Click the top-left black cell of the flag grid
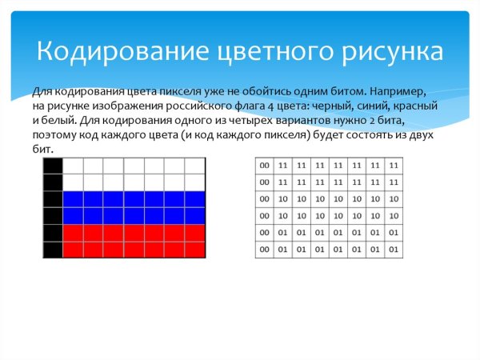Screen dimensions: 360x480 52,166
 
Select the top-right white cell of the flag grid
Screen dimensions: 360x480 195,166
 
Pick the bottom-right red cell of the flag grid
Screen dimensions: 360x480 195,249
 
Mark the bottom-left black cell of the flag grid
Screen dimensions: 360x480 52,249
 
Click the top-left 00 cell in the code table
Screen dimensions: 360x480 264,165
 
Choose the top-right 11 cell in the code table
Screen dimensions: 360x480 393,165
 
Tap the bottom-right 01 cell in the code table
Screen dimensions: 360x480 393,250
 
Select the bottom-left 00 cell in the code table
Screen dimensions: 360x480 264,250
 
